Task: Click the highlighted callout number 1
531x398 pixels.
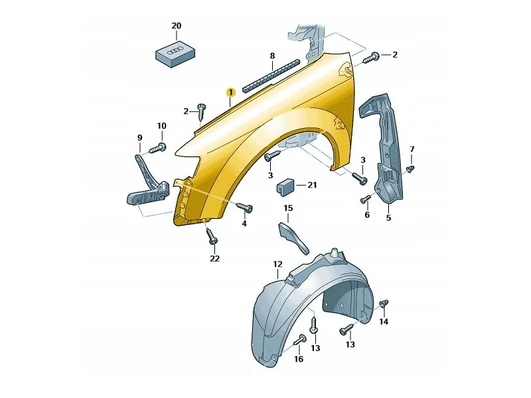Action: click(230, 92)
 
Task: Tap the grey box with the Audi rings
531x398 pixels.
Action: click(175, 54)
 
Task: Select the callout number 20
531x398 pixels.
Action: click(177, 26)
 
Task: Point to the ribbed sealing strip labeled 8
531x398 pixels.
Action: click(272, 75)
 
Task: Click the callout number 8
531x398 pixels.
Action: click(272, 56)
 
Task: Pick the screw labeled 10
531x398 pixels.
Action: click(157, 148)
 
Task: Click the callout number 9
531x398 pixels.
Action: click(140, 138)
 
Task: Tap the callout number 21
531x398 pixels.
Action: click(312, 185)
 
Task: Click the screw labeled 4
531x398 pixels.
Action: click(244, 207)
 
